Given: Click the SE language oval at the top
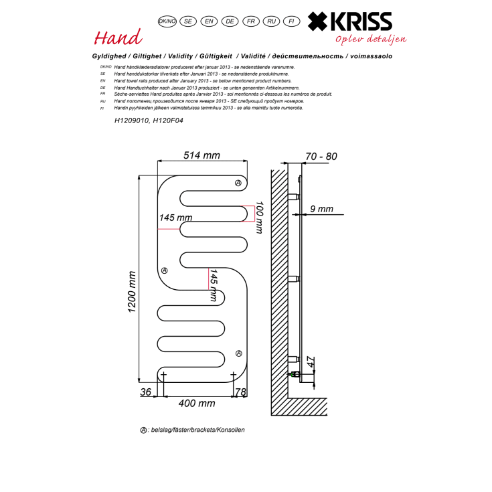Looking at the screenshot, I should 188,21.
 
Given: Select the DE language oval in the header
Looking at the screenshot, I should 230,21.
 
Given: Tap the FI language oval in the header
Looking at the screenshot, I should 291,21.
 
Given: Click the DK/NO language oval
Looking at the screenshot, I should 167,21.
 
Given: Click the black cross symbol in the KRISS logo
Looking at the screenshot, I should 319,22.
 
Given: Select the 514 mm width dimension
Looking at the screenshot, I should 201,155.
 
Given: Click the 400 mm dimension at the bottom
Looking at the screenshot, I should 196,403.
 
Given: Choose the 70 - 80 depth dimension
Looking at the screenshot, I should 321,156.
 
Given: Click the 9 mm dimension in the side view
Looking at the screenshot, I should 321,209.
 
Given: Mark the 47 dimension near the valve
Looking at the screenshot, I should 309,363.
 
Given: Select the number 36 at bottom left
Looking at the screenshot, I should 146,391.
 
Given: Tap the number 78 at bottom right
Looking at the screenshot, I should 242,391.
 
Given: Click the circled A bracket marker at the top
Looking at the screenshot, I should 238,183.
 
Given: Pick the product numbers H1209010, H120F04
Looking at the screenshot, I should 149,121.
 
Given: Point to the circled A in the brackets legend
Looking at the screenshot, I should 143,430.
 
